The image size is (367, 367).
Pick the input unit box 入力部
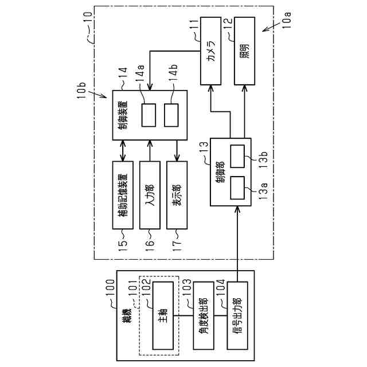click(x=150, y=194)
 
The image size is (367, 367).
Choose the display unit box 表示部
click(x=177, y=194)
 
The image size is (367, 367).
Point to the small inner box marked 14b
click(x=171, y=116)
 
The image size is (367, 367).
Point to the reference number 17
click(x=177, y=245)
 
